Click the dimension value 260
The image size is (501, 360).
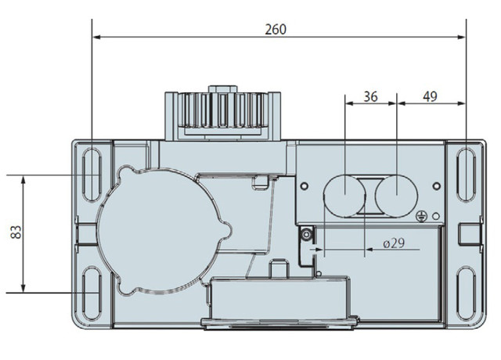(276, 30)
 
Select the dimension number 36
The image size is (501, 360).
(370, 96)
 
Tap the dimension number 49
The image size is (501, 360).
(430, 96)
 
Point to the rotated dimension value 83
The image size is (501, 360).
(16, 232)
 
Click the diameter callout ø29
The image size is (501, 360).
(394, 243)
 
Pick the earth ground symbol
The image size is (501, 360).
(421, 217)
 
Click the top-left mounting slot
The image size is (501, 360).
(92, 175)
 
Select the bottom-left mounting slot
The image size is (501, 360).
(92, 293)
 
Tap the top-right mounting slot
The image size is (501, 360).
(467, 175)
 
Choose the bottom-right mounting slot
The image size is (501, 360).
(467, 293)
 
